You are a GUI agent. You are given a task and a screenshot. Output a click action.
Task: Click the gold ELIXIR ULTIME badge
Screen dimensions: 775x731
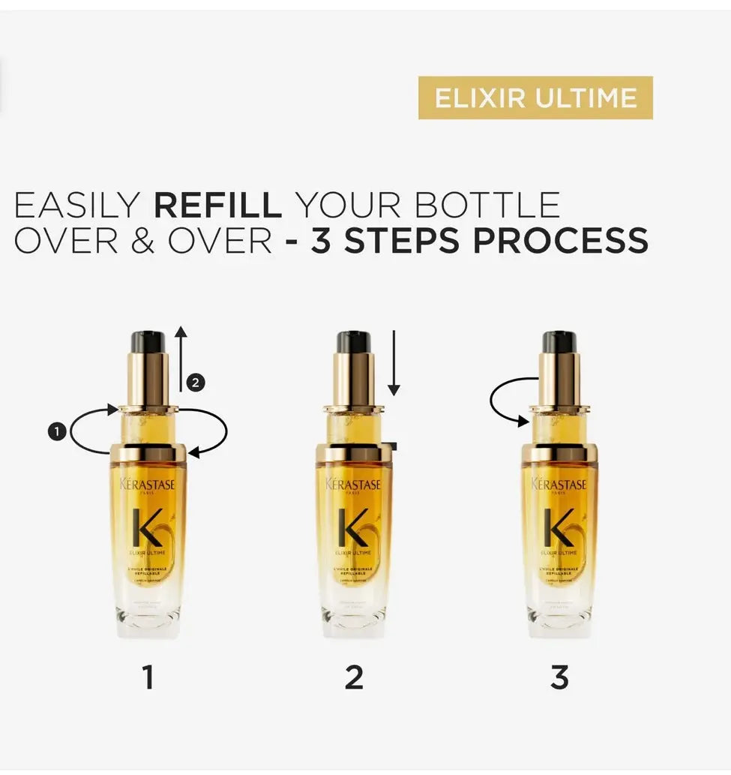point(535,98)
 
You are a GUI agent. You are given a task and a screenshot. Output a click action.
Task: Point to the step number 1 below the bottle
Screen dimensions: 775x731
point(148,677)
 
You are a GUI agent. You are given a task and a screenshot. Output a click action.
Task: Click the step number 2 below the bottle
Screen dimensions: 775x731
point(353,677)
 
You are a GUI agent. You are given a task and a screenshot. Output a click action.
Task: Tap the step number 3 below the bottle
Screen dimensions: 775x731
point(559,677)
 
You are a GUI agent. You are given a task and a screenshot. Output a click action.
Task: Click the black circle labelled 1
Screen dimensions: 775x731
point(57,431)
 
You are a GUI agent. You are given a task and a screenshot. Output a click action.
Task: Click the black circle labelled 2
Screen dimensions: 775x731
point(195,383)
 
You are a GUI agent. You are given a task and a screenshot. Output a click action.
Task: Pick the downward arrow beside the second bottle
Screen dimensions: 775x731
point(394,364)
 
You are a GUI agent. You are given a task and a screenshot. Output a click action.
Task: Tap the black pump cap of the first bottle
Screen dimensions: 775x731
point(148,342)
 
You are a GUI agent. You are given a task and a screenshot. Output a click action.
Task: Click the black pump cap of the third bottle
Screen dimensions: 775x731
point(559,342)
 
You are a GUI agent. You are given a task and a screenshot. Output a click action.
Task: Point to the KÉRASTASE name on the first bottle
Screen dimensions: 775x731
point(148,485)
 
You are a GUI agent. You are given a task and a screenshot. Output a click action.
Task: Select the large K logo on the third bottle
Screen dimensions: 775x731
point(559,527)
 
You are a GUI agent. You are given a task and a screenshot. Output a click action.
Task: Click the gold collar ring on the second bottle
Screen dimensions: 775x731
point(353,453)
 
